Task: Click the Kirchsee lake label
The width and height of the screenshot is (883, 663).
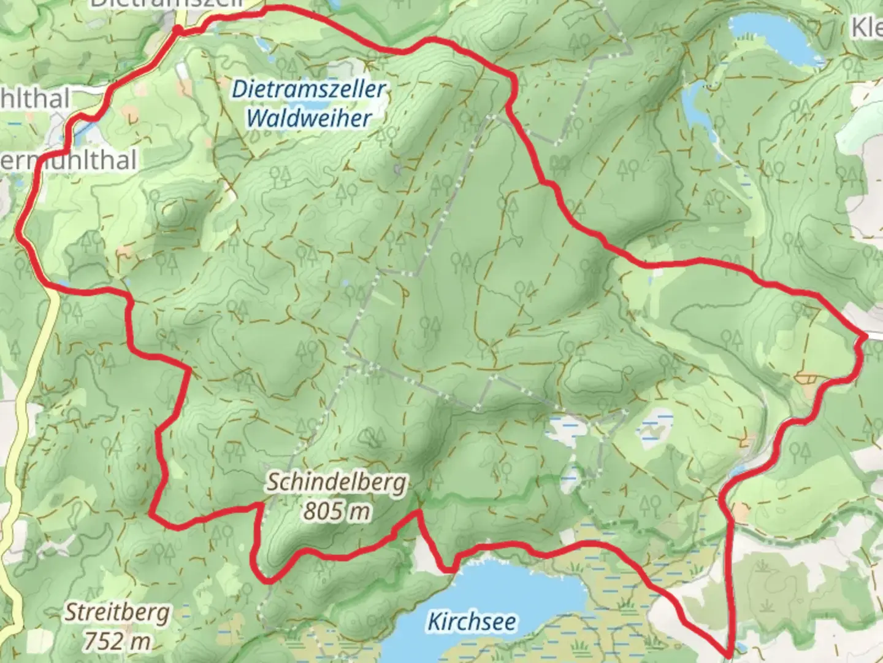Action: click(x=472, y=621)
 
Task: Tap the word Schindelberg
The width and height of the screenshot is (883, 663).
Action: click(x=336, y=483)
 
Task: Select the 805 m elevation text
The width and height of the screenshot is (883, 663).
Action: click(x=336, y=511)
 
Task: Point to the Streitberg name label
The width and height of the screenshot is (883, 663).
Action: click(x=118, y=613)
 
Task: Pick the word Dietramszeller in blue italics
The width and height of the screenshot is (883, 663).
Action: click(x=308, y=90)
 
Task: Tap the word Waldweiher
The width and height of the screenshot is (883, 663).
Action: click(x=308, y=118)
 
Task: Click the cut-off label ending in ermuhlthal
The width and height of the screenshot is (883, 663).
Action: click(x=67, y=160)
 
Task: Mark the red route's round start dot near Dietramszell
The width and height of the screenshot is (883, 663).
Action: click(x=178, y=30)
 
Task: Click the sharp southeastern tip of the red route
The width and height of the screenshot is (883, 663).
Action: click(x=728, y=654)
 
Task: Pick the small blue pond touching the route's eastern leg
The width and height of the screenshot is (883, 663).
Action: click(x=739, y=471)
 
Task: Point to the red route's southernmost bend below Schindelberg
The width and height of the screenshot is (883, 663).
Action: click(x=266, y=578)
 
